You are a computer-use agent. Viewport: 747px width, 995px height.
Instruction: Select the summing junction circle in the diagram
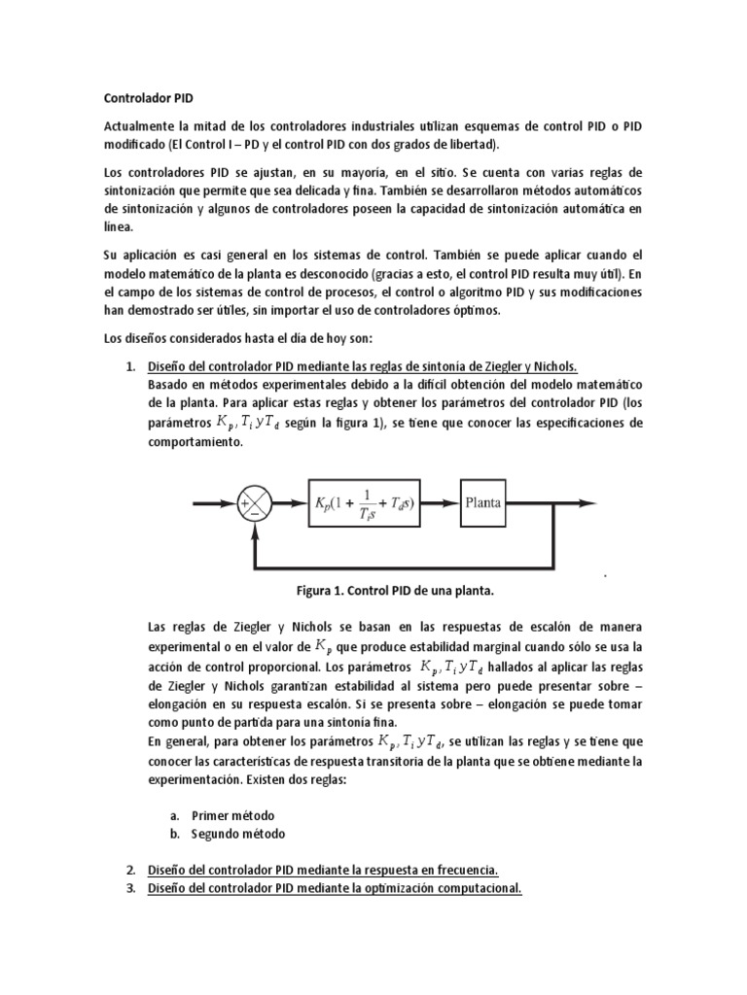pos(254,503)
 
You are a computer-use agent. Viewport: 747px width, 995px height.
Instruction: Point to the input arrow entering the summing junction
pos(216,503)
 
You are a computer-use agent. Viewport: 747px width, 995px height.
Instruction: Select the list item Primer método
pos(232,815)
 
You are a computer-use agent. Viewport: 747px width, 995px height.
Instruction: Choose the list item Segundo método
pos(239,834)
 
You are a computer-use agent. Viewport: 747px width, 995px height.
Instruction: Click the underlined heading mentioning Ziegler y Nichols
pos(362,366)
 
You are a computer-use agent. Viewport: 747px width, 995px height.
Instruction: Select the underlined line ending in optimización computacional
pos(335,887)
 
